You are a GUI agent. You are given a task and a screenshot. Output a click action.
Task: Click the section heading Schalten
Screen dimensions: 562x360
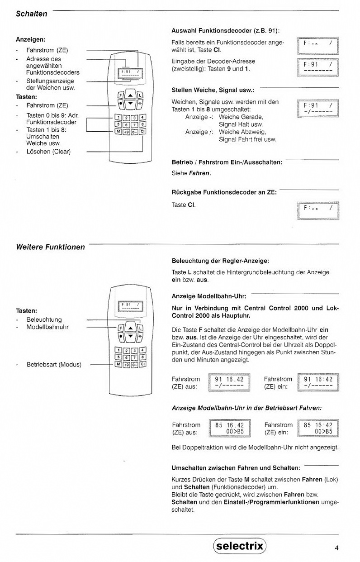pos(31,14)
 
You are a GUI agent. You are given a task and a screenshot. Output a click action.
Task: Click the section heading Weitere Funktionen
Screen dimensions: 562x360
pos(50,247)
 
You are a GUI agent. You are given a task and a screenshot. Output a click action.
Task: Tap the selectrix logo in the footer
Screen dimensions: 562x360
pos(240,546)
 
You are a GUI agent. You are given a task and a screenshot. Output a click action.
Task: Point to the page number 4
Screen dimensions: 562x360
pos(336,548)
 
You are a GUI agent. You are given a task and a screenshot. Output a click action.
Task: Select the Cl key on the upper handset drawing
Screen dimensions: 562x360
pos(143,132)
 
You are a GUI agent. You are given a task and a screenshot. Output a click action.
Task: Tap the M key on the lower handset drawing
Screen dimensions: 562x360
pos(117,364)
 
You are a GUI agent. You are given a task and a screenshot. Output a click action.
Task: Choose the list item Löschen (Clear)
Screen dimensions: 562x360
pos(48,152)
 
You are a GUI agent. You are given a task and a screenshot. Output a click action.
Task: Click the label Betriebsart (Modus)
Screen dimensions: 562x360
pos(54,364)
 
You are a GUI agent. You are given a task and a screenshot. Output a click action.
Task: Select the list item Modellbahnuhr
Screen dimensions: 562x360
pos(47,326)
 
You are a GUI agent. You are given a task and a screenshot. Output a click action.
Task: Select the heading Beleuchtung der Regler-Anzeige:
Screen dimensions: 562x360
pos(220,261)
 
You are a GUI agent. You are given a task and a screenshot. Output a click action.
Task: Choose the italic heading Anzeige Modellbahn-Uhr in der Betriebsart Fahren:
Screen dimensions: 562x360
pos(247,408)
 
